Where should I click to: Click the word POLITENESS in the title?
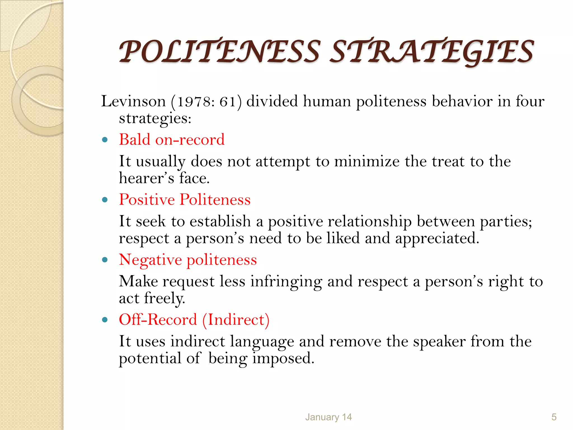click(220, 52)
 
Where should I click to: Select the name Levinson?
click(133, 101)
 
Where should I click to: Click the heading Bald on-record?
click(172, 139)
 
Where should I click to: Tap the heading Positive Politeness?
click(185, 200)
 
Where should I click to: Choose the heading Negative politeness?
click(188, 260)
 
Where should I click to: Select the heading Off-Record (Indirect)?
click(194, 320)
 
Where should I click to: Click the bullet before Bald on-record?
click(105, 140)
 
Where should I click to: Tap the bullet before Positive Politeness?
click(105, 200)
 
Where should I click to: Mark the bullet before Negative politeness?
click(105, 260)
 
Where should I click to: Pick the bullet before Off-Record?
click(105, 320)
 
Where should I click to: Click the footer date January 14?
click(328, 417)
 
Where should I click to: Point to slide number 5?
click(554, 417)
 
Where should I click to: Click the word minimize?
click(367, 162)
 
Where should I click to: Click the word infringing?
click(286, 282)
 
